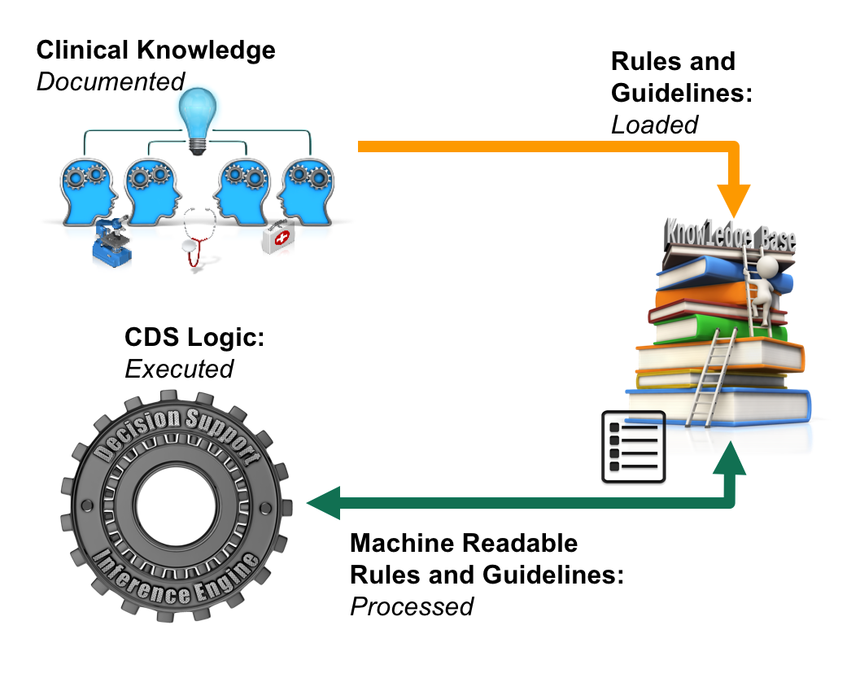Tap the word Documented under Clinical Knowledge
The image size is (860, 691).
click(111, 81)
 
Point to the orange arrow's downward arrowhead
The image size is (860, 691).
click(734, 198)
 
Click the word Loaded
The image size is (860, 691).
click(654, 124)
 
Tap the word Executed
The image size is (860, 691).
click(179, 369)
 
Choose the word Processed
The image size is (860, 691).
click(412, 606)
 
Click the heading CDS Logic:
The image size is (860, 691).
click(194, 337)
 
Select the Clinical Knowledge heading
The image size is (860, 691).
click(155, 50)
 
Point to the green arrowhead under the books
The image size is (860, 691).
click(734, 456)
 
